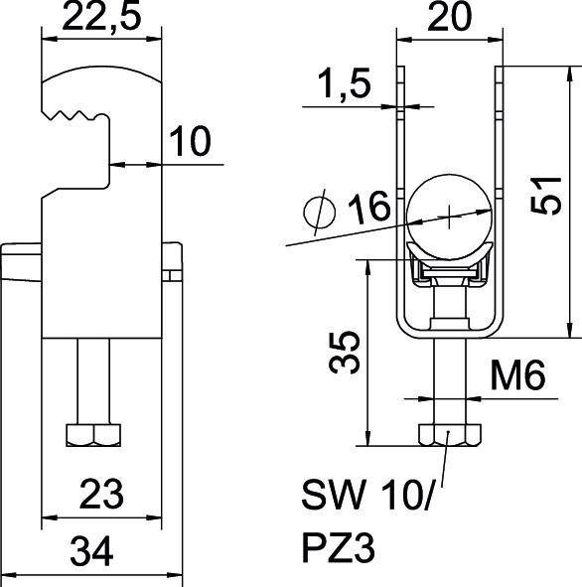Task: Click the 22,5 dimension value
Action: tap(100, 20)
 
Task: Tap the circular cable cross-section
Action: tap(450, 213)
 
